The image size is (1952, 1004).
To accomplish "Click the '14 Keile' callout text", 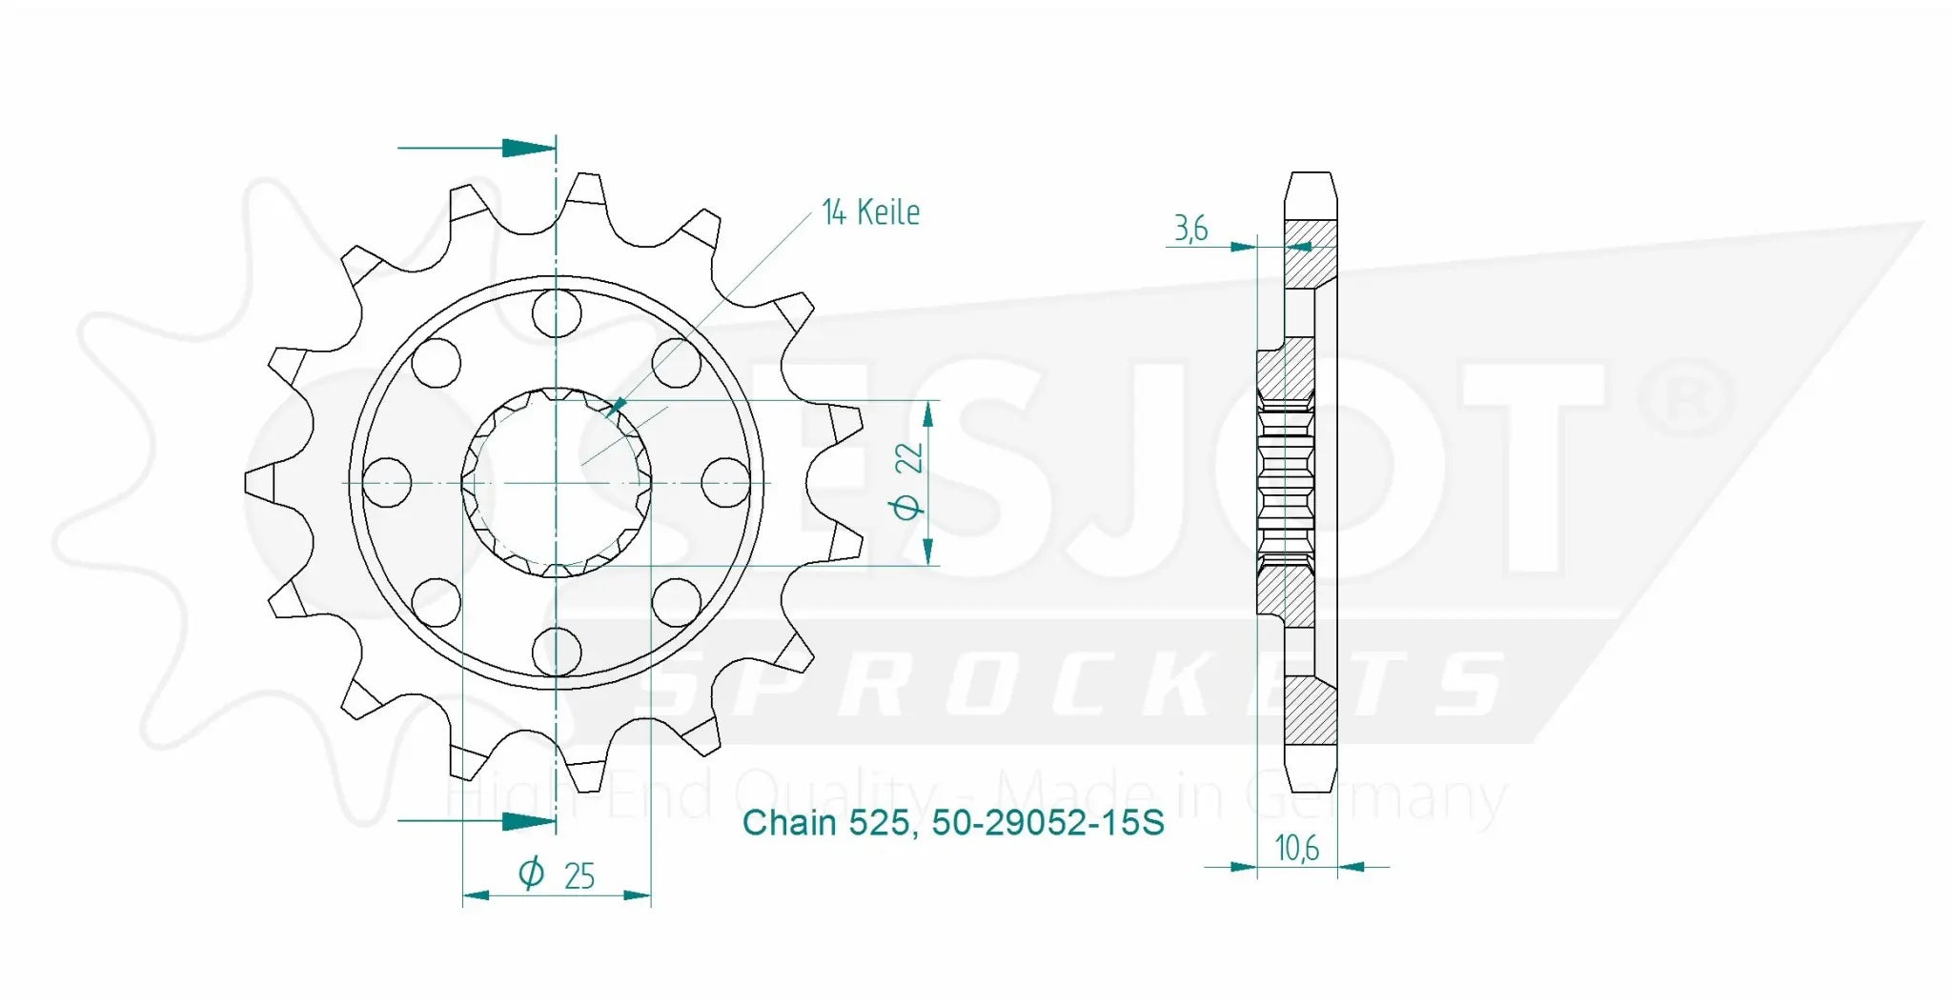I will click(870, 212).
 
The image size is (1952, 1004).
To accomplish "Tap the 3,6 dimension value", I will click(1190, 229).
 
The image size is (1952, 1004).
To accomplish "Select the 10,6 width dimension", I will click(1296, 847).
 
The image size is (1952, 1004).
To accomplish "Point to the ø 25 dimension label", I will click(558, 873).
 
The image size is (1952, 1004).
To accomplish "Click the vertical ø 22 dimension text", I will click(908, 481).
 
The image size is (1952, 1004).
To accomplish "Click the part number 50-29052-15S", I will click(1047, 822).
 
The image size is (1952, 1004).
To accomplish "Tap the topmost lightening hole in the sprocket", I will click(557, 312).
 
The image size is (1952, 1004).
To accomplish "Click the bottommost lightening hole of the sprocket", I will click(557, 653).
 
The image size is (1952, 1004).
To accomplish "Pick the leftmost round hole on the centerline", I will click(387, 482).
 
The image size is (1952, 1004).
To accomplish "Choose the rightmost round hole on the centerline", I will click(725, 482).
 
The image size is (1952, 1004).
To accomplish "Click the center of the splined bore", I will click(557, 483).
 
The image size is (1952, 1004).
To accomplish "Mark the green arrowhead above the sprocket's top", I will click(527, 148).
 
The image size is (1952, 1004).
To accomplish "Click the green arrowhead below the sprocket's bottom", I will click(527, 820).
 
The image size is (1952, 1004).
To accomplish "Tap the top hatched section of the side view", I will click(1311, 252).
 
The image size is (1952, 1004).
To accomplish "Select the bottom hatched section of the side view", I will click(1311, 711).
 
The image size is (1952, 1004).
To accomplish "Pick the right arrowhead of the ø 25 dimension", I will click(638, 894).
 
